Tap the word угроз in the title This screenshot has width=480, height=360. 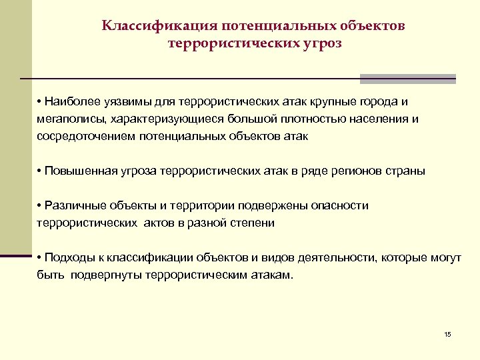320,43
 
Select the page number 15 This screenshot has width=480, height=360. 447,334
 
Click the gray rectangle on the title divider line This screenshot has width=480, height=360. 408,79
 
